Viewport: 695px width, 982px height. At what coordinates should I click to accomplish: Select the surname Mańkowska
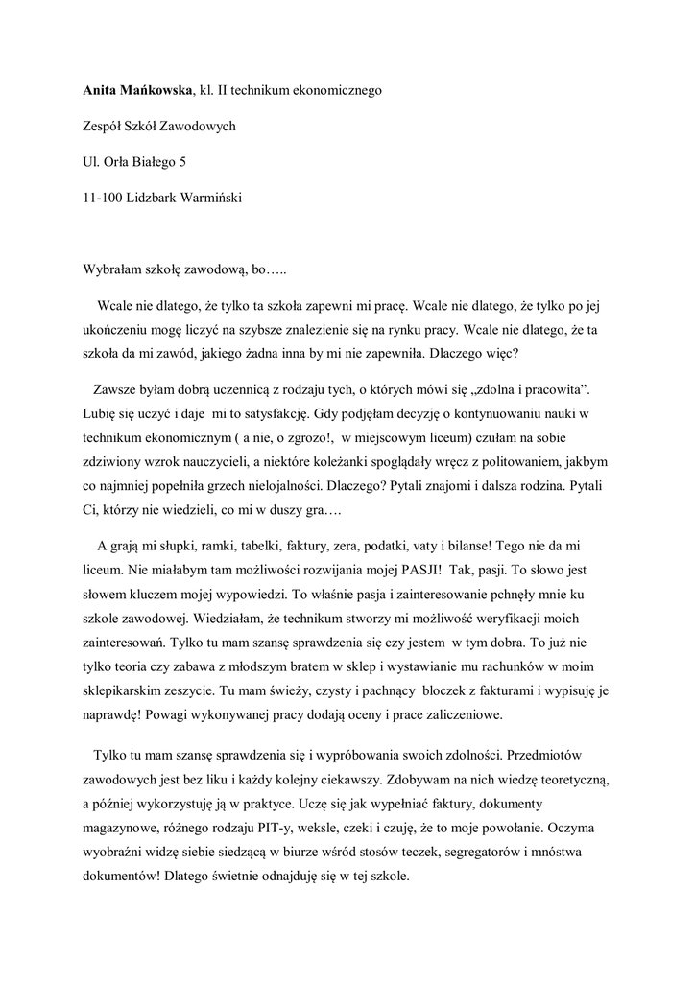click(x=156, y=90)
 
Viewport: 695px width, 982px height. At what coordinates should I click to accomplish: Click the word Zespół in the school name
click(x=106, y=126)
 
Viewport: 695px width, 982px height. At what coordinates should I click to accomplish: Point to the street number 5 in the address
click(x=183, y=162)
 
